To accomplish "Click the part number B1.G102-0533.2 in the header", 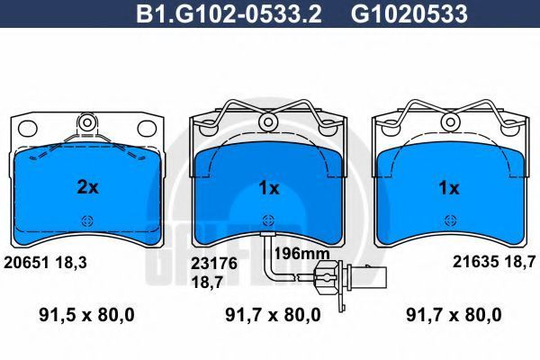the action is pyautogui.click(x=229, y=14).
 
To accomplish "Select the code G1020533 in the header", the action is pyautogui.click(x=409, y=14).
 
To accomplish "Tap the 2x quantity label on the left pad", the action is pyautogui.click(x=87, y=188).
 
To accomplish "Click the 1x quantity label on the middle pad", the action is pyautogui.click(x=268, y=188).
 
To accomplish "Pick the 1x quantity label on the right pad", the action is pyautogui.click(x=449, y=188).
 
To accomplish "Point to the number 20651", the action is pyautogui.click(x=26, y=263).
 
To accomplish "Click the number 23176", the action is pyautogui.click(x=214, y=264).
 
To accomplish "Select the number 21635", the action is pyautogui.click(x=475, y=262).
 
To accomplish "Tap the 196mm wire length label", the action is pyautogui.click(x=301, y=254).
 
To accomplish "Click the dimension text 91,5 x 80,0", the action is pyautogui.click(x=86, y=315).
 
